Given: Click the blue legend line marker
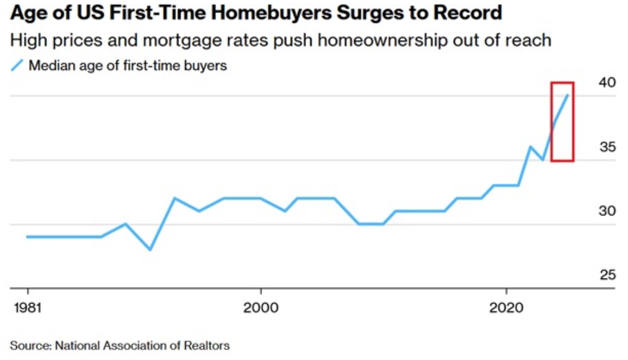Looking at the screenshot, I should click(17, 65).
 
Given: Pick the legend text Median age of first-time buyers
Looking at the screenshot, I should click(128, 65).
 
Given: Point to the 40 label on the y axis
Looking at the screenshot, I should click(607, 83).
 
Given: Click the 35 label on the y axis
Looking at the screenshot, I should click(607, 147).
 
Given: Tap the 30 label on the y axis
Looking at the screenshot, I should click(607, 211).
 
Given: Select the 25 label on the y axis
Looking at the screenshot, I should click(607, 275).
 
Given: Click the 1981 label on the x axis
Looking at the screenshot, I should click(27, 308).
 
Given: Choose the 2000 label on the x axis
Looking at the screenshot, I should click(260, 308).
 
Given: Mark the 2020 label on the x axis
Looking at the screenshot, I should click(506, 308).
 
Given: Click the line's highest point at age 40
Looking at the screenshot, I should click(567, 95).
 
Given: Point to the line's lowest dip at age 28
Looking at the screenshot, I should click(149, 249).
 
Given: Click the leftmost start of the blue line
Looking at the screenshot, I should click(27, 237).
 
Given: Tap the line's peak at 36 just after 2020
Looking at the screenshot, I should click(530, 147).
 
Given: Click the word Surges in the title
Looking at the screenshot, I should click(363, 13).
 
